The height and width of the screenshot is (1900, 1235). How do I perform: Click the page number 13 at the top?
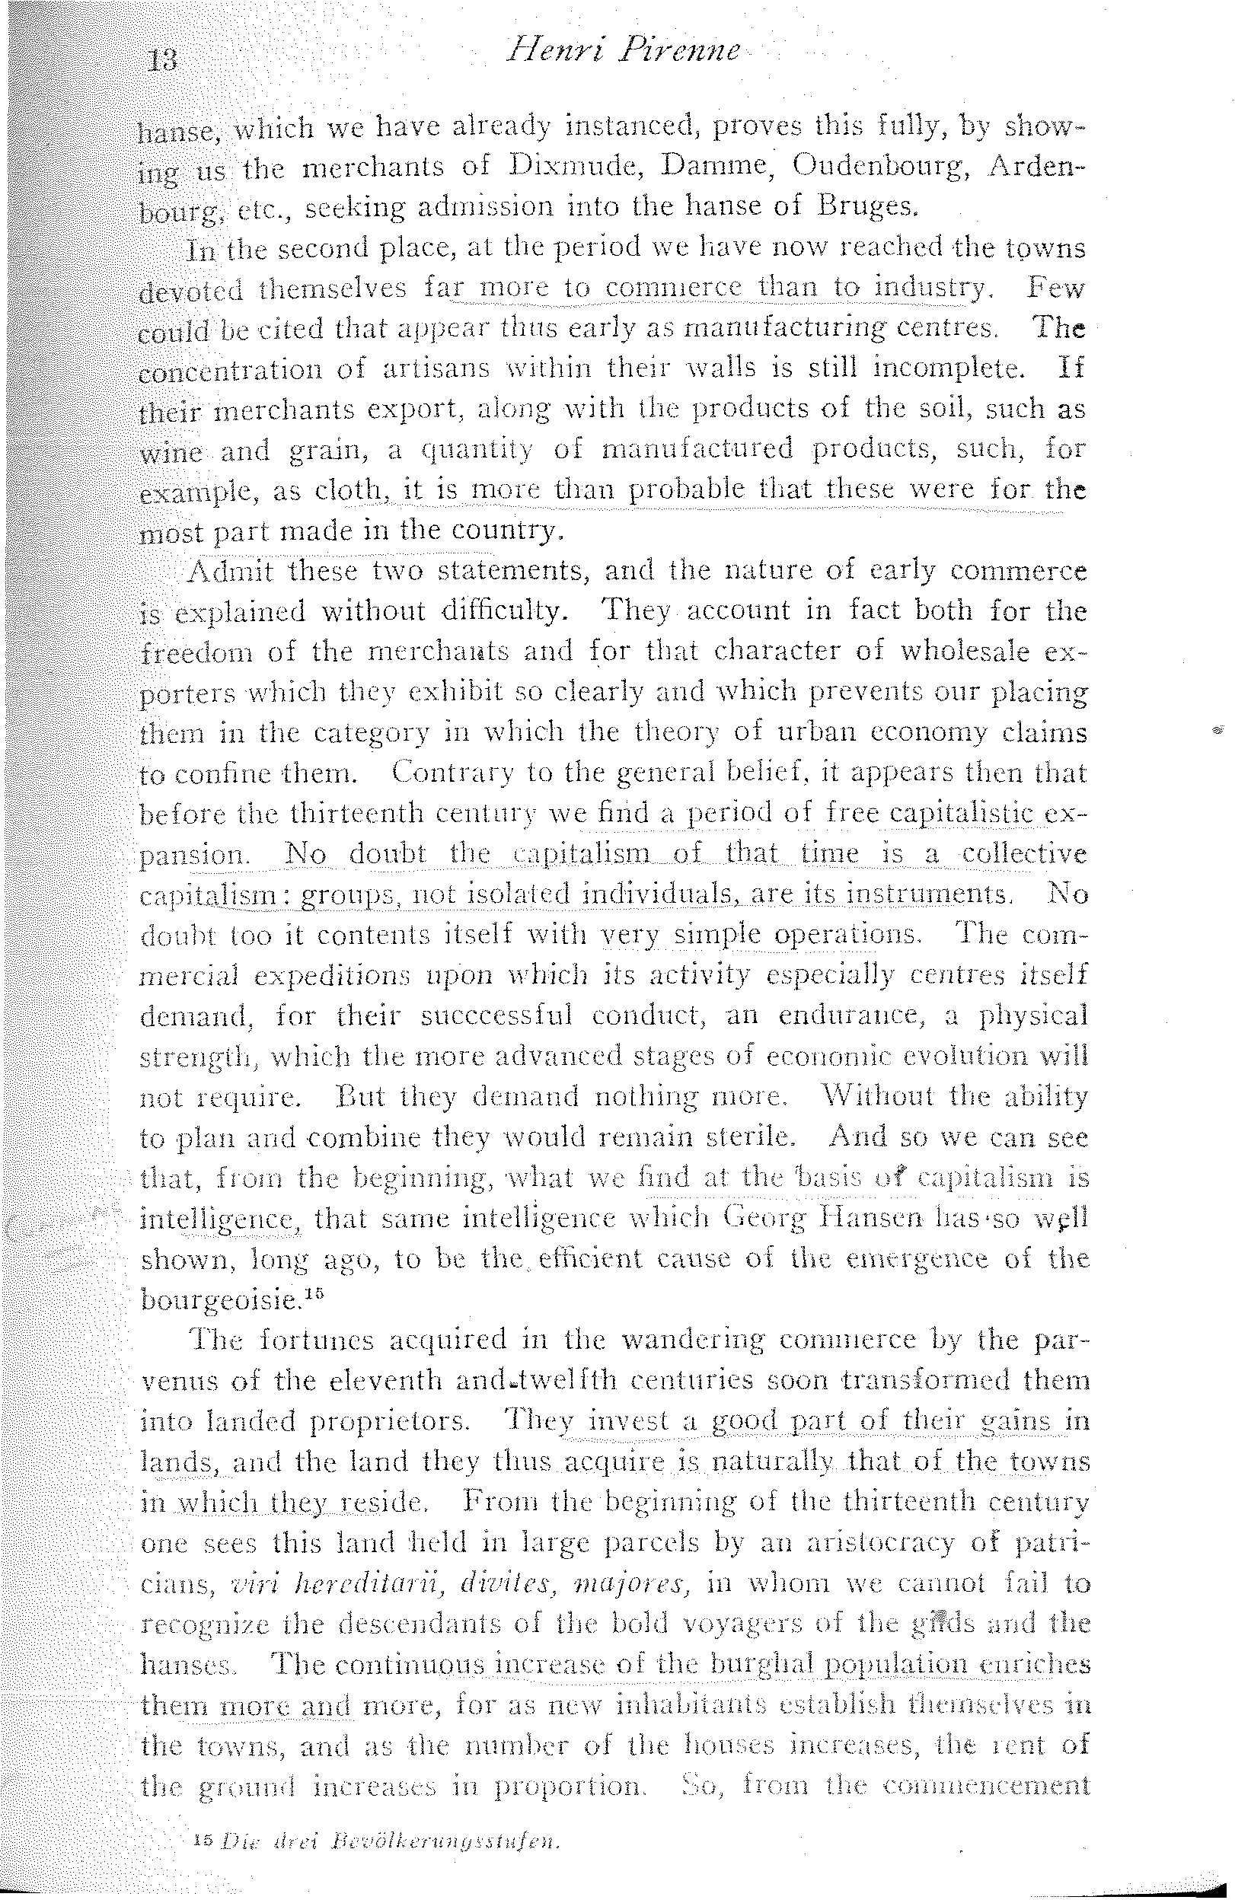[x=162, y=61]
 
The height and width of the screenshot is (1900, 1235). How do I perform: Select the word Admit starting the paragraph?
[x=230, y=571]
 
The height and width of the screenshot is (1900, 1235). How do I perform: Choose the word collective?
[x=1024, y=853]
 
